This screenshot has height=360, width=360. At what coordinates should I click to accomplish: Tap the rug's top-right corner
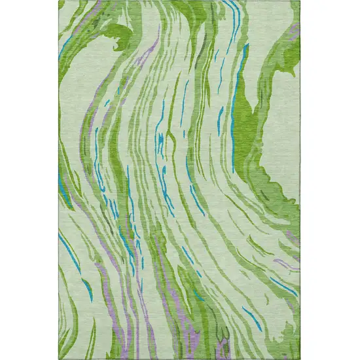(300, 2)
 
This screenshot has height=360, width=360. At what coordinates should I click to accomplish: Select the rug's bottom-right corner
(300, 358)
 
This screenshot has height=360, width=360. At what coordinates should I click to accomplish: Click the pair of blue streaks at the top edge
(232, 10)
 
